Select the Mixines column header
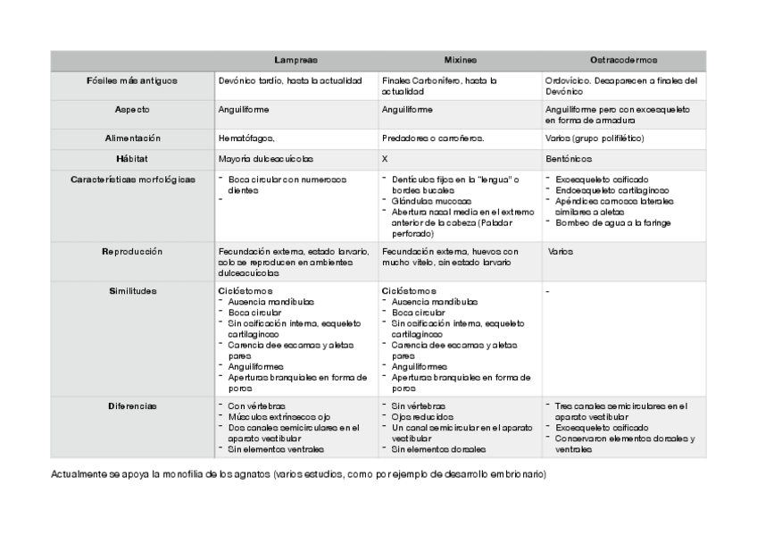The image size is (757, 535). tap(460, 60)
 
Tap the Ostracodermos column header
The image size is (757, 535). tap(624, 60)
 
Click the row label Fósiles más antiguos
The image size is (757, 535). tap(132, 80)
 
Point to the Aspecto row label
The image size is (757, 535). tap(132, 109)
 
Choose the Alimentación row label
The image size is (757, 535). tap(132, 138)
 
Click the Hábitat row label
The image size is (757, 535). tap(132, 157)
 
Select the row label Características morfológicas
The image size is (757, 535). tap(132, 179)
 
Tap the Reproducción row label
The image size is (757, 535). tap(132, 252)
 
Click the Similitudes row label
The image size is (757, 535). tap(132, 291)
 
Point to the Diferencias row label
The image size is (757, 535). tap(132, 405)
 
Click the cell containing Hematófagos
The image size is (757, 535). tap(245, 138)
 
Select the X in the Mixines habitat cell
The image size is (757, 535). tap(385, 158)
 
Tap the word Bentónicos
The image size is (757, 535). tap(569, 158)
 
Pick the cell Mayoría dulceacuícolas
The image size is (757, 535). tap(266, 158)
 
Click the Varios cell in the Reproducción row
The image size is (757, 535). tap(562, 252)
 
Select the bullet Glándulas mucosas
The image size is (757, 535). tap(431, 202)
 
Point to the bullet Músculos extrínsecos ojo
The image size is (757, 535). tap(277, 417)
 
